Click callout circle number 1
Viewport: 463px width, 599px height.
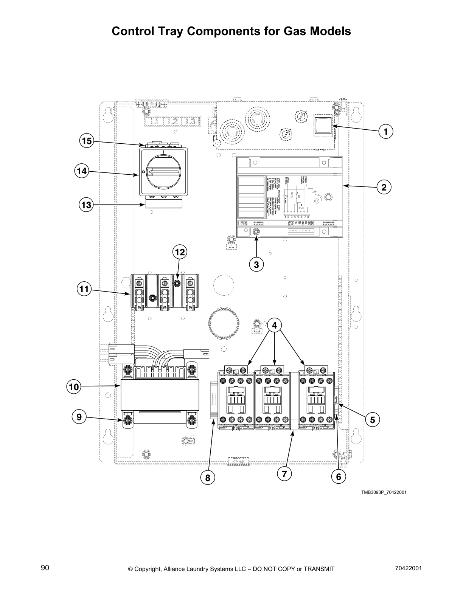tap(386, 132)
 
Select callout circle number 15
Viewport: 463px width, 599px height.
tap(87, 141)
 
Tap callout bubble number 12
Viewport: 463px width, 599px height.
tap(180, 252)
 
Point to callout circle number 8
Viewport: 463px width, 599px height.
tap(207, 478)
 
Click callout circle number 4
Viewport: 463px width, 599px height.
tap(275, 325)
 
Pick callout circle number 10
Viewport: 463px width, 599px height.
tap(74, 387)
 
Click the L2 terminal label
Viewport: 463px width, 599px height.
tap(173, 121)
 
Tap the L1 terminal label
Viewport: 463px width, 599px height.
tap(154, 121)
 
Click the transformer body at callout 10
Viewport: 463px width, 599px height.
tap(160, 395)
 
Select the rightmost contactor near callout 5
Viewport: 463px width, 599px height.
tap(317, 400)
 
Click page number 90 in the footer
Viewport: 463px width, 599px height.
tap(45, 568)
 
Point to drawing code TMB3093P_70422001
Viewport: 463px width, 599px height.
tap(384, 493)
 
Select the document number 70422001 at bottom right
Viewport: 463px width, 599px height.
tap(408, 568)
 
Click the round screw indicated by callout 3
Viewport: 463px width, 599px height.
tap(256, 232)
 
